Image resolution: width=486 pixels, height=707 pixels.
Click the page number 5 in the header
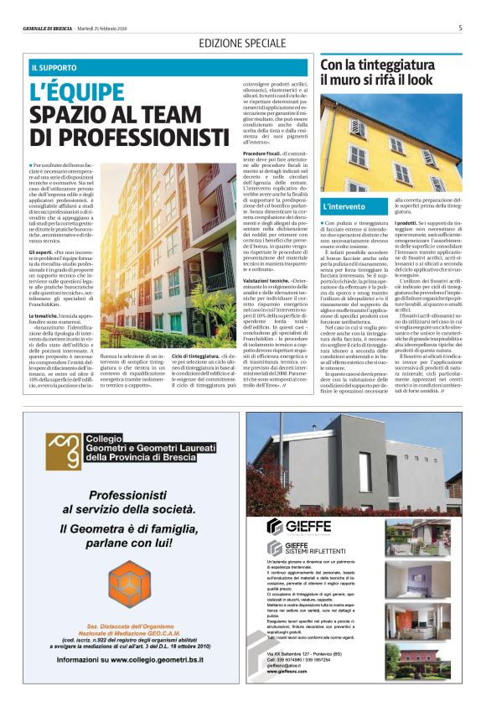tap(460, 28)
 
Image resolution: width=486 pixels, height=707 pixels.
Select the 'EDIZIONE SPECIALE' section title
tap(241, 43)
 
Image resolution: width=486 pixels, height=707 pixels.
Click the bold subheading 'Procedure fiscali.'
tap(262, 154)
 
